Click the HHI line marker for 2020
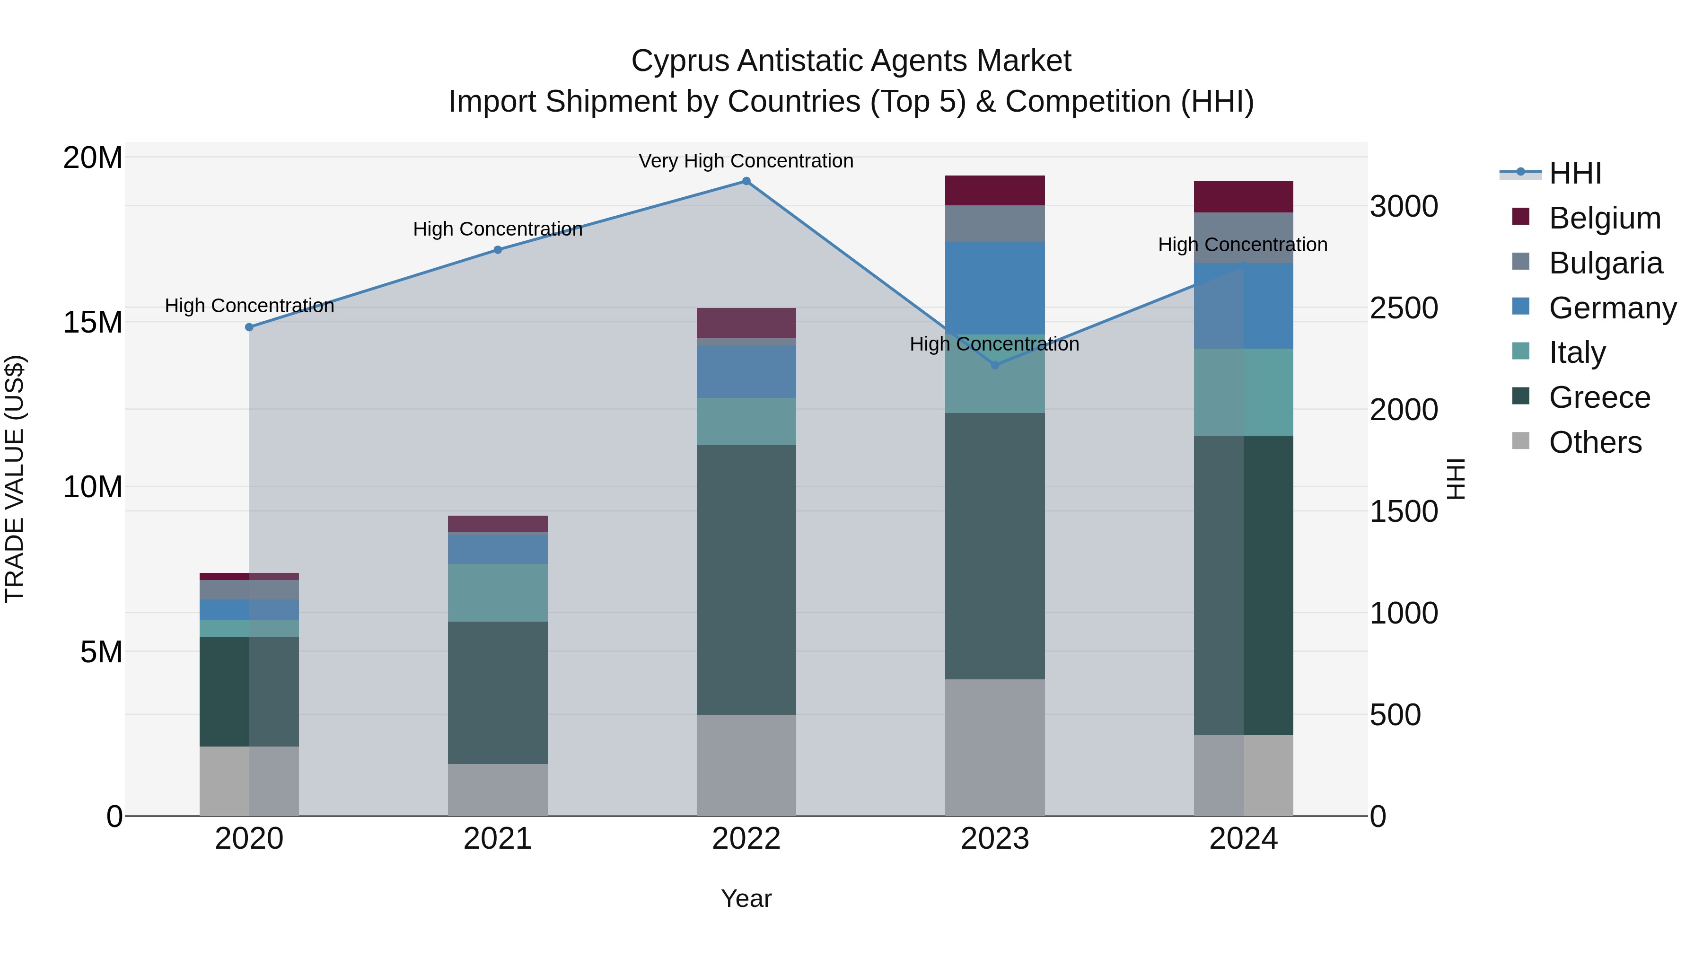[249, 327]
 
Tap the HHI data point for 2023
[994, 365]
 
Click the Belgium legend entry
[1605, 218]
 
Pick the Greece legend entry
[1599, 397]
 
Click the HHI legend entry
[1575, 173]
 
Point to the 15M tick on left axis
[93, 323]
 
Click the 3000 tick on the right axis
[1403, 206]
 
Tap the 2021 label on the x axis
[497, 839]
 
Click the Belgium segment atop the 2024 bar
[1243, 196]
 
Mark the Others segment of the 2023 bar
[994, 747]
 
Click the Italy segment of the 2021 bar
[497, 592]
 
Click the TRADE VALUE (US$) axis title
[15, 479]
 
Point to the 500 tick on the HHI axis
[1395, 715]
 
